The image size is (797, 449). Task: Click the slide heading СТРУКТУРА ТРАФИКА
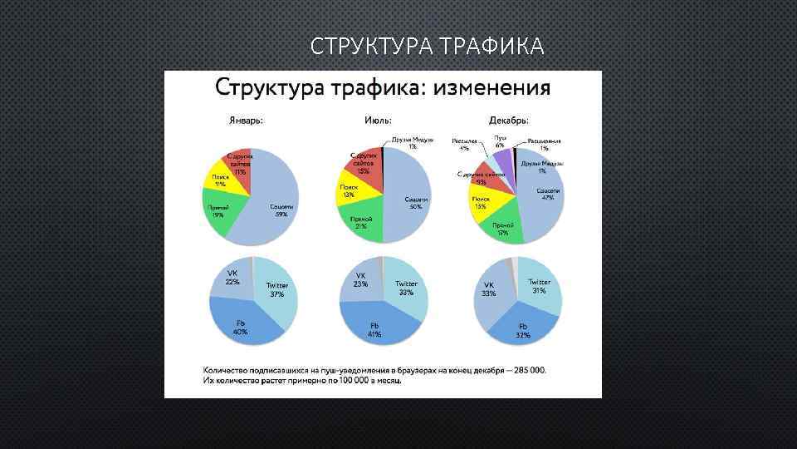428,46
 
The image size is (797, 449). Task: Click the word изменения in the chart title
488,87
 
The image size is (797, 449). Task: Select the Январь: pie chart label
246,120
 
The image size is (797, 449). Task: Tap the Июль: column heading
379,120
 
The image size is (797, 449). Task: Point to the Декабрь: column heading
509,120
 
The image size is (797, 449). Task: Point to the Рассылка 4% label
465,144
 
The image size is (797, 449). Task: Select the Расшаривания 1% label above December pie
544,144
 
